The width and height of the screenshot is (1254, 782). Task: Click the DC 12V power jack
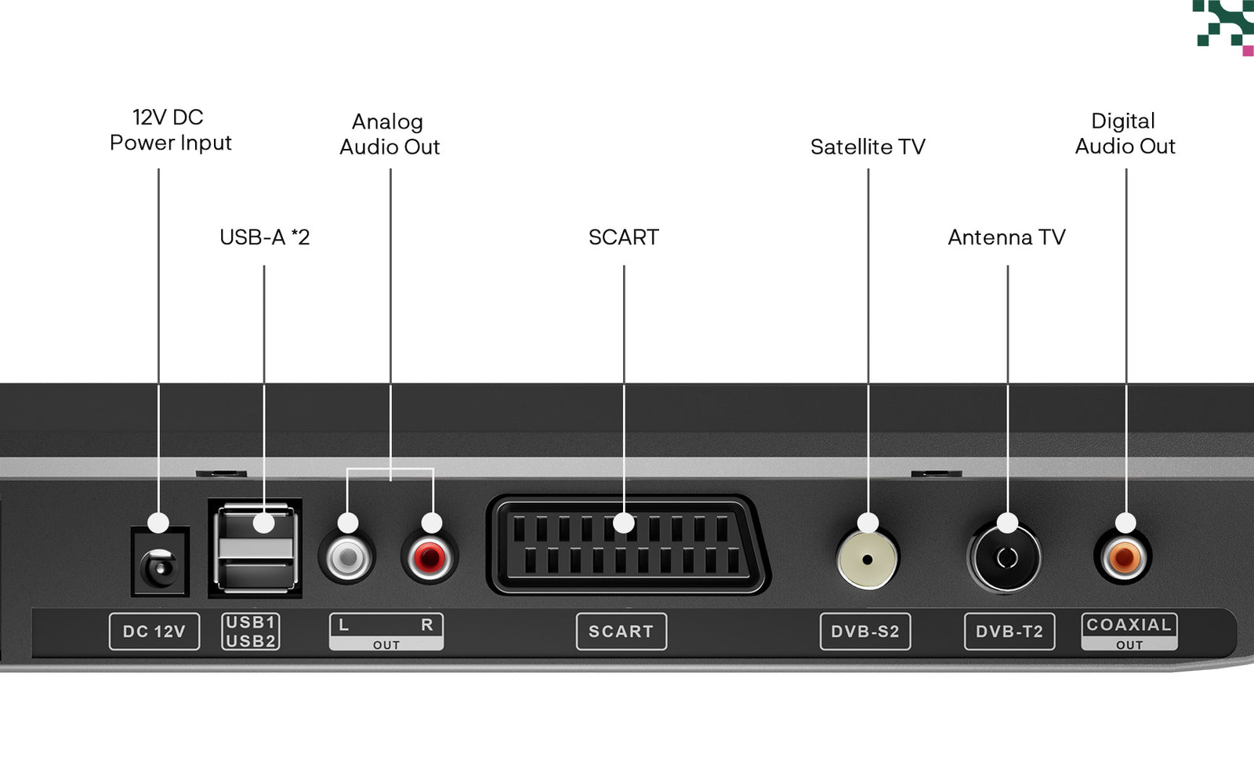[160, 562]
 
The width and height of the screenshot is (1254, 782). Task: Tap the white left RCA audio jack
[348, 558]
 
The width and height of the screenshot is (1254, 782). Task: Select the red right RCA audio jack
[429, 558]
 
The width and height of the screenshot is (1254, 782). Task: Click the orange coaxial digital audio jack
[1123, 558]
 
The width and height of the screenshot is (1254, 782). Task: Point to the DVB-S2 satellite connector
[867, 559]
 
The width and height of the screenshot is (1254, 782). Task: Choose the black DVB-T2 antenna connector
[1005, 558]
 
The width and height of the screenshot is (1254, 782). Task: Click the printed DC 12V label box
[154, 632]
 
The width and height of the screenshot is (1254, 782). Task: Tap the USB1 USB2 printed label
[251, 632]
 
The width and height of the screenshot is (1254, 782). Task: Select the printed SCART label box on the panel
[622, 632]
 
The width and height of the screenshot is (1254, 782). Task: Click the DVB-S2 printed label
[865, 632]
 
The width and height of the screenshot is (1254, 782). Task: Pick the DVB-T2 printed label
[1010, 632]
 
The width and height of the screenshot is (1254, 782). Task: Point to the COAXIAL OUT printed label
[1129, 632]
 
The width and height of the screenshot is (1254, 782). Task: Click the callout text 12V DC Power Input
[170, 130]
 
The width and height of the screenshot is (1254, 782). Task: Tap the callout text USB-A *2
[264, 237]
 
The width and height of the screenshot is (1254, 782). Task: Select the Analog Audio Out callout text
[390, 134]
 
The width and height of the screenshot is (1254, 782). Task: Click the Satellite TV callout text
[868, 147]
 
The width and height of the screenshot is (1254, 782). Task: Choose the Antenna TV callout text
[1006, 237]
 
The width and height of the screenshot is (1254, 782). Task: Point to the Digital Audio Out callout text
[1125, 133]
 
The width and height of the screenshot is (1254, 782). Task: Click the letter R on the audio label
[426, 625]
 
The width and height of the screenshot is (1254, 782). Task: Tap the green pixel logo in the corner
[1223, 27]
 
